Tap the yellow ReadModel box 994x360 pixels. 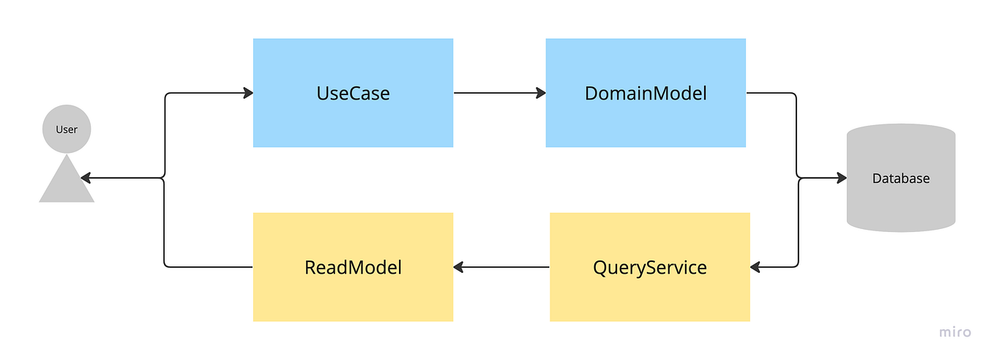353,293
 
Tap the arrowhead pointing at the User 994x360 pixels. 86,178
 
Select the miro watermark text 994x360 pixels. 955,332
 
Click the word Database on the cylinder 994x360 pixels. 901,179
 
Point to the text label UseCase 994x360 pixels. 353,94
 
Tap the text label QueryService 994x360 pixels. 650,268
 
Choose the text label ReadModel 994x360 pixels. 353,268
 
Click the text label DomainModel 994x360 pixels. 646,94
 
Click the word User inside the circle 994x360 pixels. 67,130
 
